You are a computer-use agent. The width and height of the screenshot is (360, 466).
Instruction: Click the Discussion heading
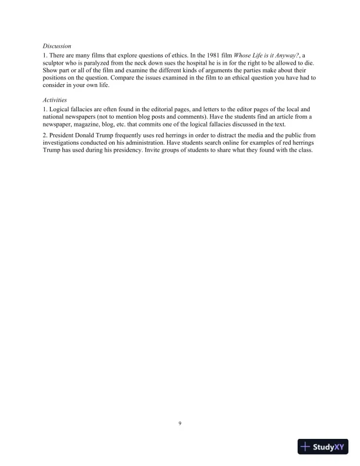57,45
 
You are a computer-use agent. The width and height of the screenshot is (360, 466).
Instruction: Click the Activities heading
55,100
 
